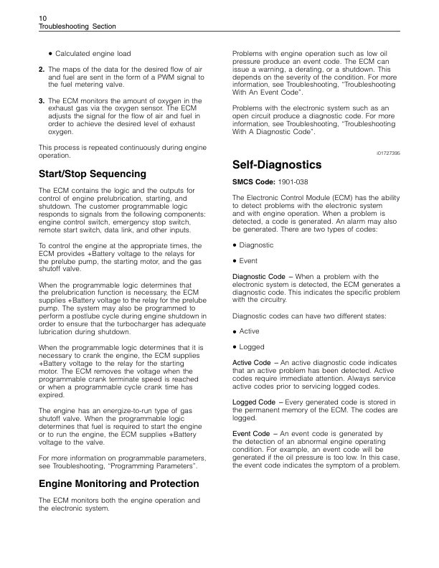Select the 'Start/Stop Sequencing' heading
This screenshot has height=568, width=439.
pyautogui.click(x=92, y=174)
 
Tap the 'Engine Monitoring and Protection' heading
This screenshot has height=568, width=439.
pyautogui.click(x=118, y=483)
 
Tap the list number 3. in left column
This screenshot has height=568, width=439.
pyautogui.click(x=41, y=100)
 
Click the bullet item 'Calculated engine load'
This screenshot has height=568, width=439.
pyautogui.click(x=93, y=54)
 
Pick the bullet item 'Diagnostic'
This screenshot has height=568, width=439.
pyautogui.click(x=259, y=245)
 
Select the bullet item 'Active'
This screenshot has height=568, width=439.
pyautogui.click(x=252, y=331)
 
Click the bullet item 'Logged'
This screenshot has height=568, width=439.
pyautogui.click(x=254, y=347)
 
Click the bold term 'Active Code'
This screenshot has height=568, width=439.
pyautogui.click(x=252, y=363)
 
